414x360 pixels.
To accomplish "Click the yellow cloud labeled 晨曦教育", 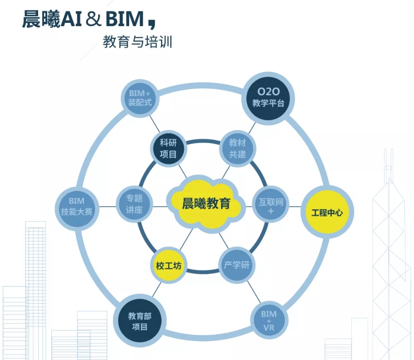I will [206, 204].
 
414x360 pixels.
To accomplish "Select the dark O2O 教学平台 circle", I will [268, 97].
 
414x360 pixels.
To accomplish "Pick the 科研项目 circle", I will [168, 148].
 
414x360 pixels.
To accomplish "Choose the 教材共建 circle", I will [237, 148].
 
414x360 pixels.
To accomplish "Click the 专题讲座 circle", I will [134, 204].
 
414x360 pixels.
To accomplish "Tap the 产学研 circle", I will [237, 265].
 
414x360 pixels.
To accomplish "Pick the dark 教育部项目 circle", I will [138, 320].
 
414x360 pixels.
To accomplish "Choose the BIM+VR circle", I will [269, 321].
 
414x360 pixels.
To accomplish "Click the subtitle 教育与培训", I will [137, 43].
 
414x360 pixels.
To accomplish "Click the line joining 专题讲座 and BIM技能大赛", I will [107, 207].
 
